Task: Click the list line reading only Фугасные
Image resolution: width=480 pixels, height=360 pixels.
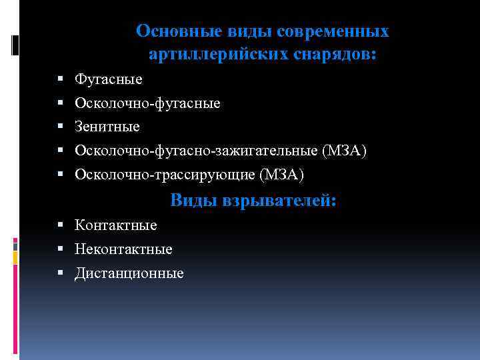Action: click(x=109, y=79)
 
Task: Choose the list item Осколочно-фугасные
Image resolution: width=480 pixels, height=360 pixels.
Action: click(x=147, y=103)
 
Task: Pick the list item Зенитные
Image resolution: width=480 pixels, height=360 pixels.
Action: click(x=107, y=127)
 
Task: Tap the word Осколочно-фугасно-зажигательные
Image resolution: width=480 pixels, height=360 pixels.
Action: click(x=196, y=151)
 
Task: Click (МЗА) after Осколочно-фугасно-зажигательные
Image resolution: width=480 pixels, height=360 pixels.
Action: click(x=344, y=151)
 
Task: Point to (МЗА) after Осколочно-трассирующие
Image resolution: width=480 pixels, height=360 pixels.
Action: click(x=281, y=175)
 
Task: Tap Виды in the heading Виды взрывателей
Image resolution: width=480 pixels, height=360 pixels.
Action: click(x=194, y=200)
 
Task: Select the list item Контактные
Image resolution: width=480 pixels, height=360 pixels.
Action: click(x=116, y=225)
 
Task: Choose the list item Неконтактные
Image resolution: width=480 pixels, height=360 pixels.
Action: click(x=123, y=249)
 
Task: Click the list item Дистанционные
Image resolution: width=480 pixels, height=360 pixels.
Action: click(x=129, y=273)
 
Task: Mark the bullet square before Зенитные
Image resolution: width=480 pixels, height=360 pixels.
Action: click(x=61, y=127)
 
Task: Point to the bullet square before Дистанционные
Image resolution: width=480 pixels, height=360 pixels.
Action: click(x=61, y=273)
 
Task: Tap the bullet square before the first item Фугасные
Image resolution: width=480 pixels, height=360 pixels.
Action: click(x=61, y=79)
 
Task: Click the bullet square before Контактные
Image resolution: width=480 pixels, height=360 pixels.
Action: click(x=61, y=225)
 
